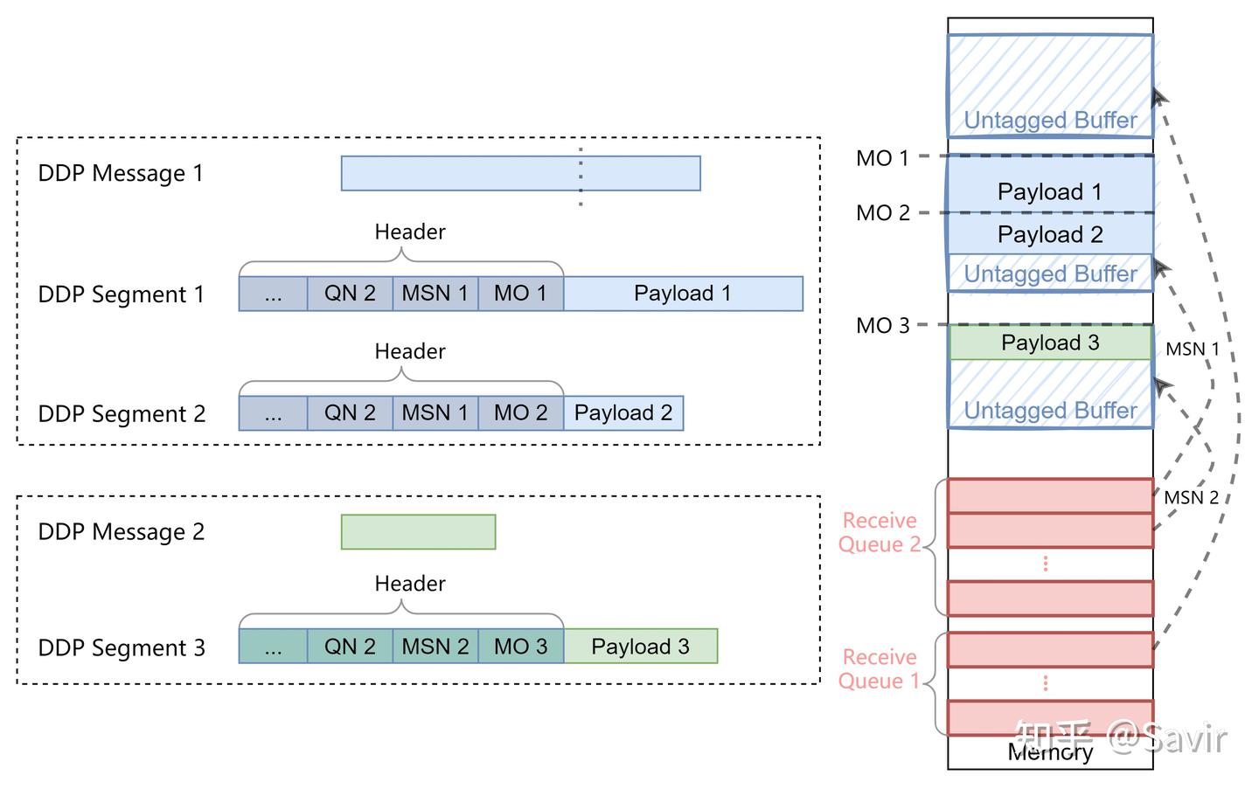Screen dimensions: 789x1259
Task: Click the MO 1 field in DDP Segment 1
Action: point(520,294)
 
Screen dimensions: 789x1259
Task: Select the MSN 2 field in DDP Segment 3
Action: point(435,647)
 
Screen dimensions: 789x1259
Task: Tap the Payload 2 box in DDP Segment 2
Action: point(623,413)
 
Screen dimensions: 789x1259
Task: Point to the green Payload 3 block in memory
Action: point(1050,343)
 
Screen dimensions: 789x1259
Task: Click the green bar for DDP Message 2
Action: point(418,532)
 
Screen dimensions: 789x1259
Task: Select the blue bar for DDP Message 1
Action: point(520,173)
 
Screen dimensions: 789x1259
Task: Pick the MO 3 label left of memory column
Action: point(882,326)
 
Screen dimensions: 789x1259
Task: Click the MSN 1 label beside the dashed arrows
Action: point(1192,350)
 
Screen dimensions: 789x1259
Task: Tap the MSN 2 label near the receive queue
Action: point(1191,498)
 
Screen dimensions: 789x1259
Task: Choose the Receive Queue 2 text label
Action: point(880,532)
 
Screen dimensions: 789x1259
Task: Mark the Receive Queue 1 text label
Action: point(880,669)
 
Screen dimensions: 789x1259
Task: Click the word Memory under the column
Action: point(1050,752)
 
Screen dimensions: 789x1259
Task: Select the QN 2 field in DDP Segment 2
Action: point(350,413)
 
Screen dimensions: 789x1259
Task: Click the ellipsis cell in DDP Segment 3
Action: point(273,647)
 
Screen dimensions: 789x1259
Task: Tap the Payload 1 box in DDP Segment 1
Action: point(683,294)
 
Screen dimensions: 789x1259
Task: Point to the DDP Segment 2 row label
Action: point(122,414)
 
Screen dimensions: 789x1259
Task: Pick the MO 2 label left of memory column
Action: point(882,213)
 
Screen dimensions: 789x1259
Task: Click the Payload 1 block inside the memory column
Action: point(1050,191)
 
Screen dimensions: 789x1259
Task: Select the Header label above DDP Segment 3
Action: point(409,584)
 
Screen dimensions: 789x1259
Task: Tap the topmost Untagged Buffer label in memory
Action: point(1050,121)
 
